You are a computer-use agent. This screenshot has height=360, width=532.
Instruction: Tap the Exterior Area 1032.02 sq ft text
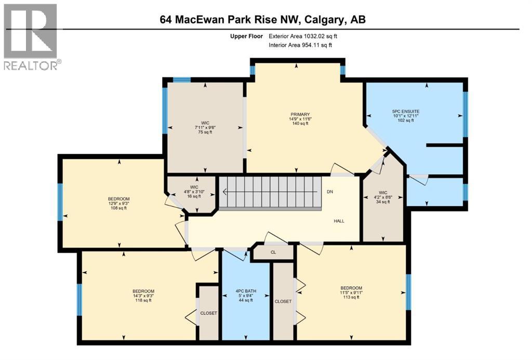click(306, 36)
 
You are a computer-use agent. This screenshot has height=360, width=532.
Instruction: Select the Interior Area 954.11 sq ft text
click(300, 45)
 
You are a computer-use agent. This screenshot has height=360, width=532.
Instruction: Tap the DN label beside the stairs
click(330, 192)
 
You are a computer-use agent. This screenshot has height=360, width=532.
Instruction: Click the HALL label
click(339, 221)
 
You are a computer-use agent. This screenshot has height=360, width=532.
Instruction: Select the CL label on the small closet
click(273, 253)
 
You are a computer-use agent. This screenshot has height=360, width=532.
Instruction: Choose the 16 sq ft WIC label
click(194, 192)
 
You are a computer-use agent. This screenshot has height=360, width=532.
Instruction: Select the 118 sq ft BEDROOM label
click(143, 296)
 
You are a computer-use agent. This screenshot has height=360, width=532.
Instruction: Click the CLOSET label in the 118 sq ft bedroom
click(208, 313)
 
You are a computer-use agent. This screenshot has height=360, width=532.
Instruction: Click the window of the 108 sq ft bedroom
click(60, 202)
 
